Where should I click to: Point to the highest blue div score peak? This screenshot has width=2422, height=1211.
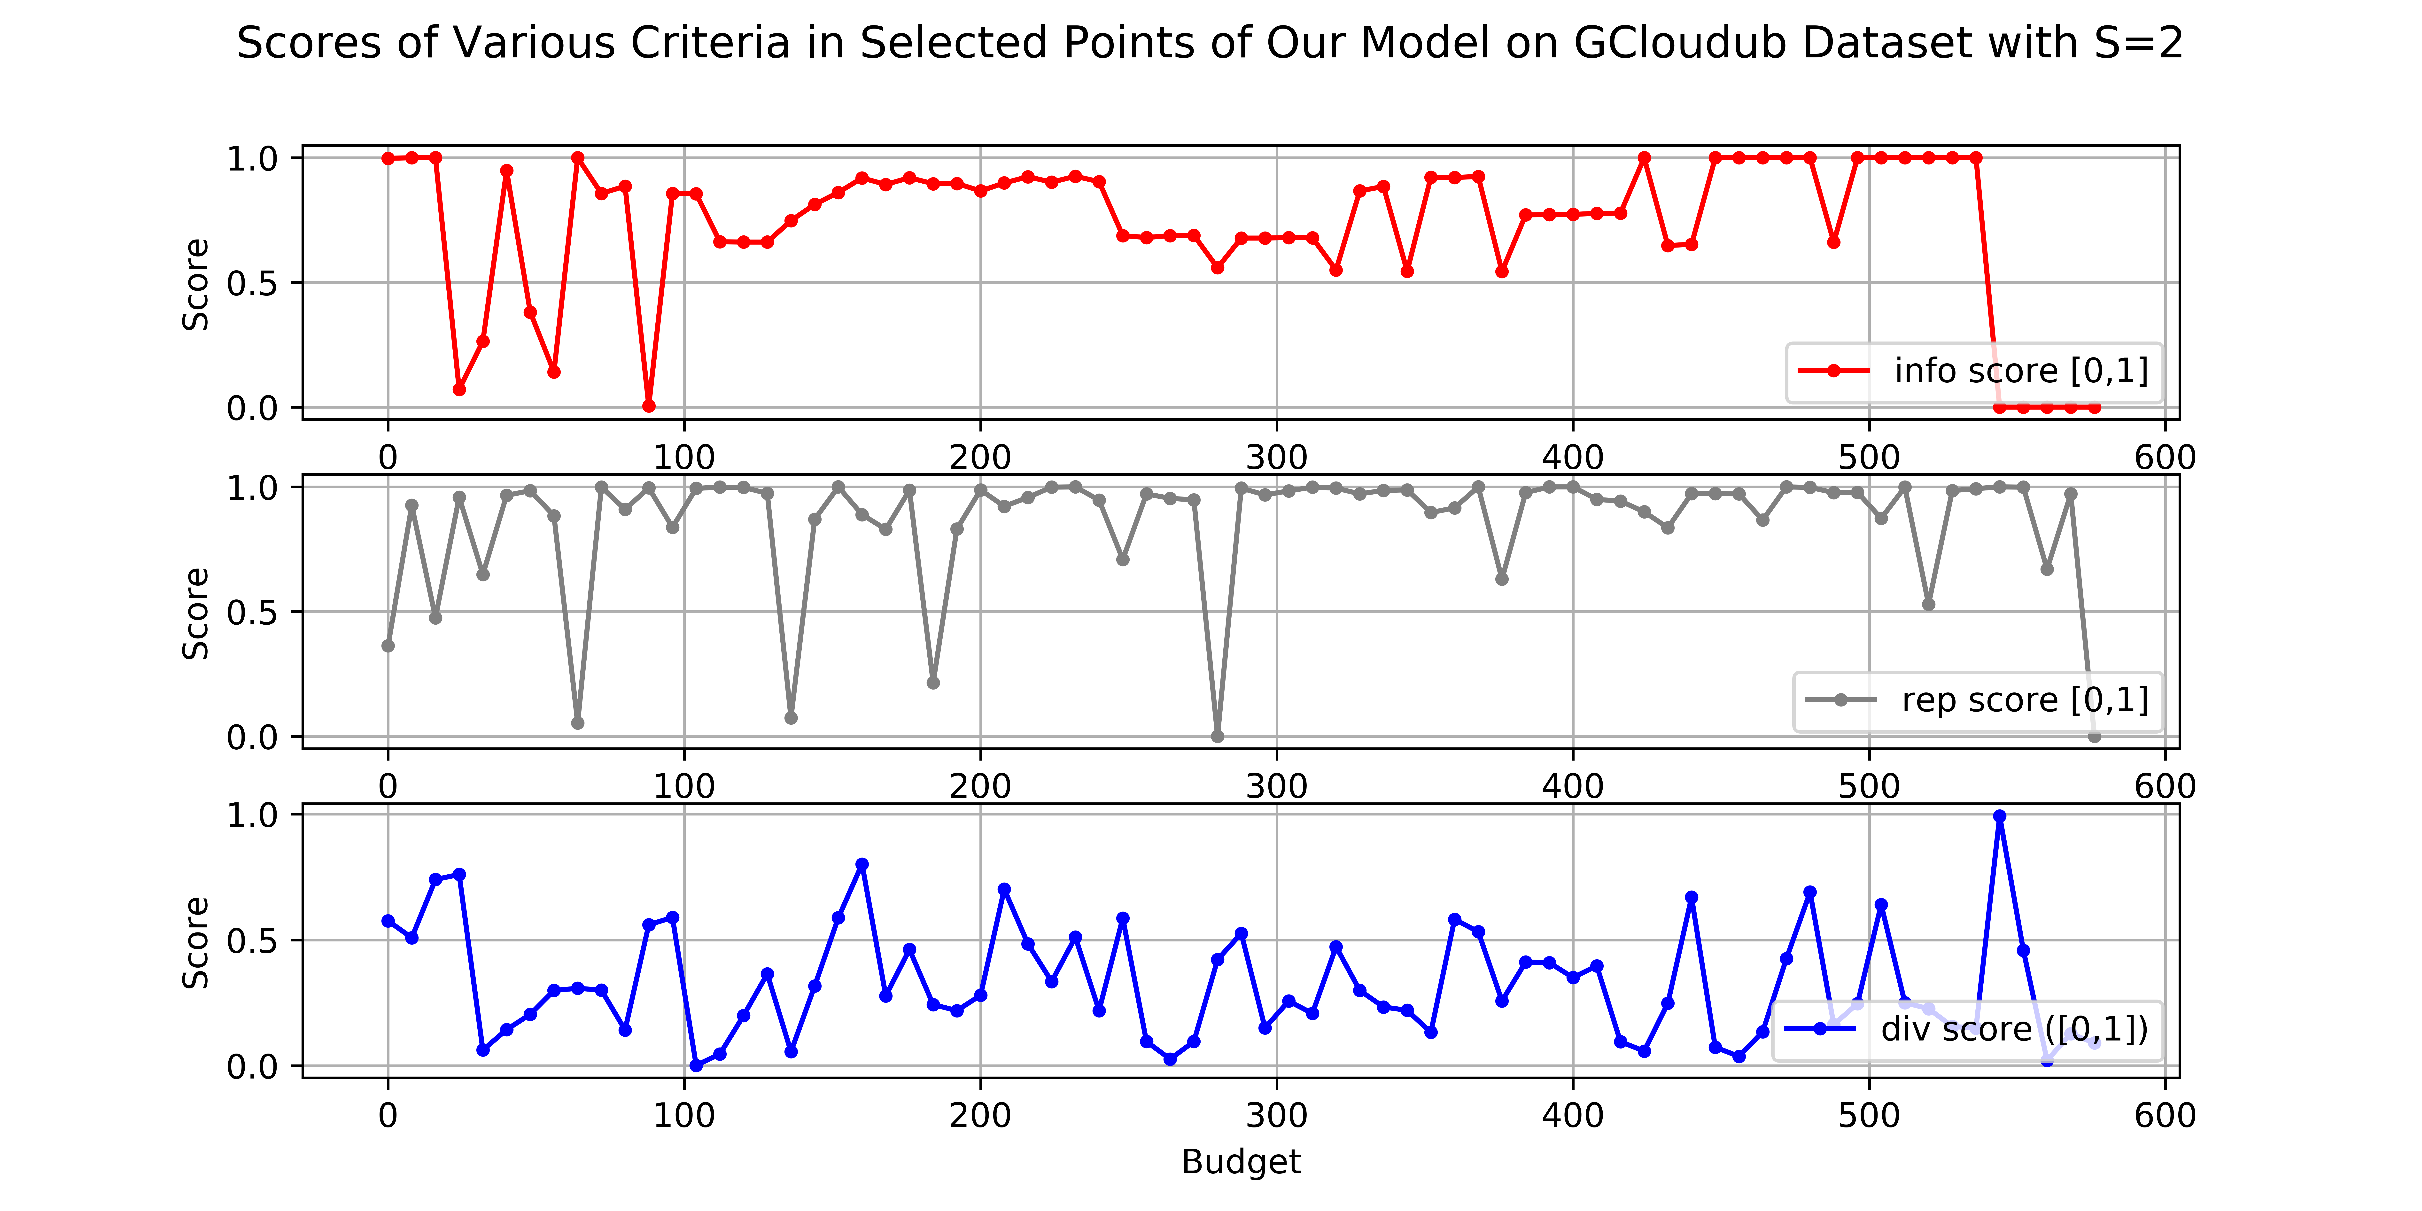[2000, 816]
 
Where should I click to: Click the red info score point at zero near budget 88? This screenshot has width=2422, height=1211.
[649, 406]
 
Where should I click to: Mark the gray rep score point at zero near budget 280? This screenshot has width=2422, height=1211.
[1218, 736]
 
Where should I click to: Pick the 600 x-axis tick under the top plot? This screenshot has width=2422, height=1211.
[2164, 458]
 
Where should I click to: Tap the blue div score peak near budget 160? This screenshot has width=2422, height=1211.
[862, 864]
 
